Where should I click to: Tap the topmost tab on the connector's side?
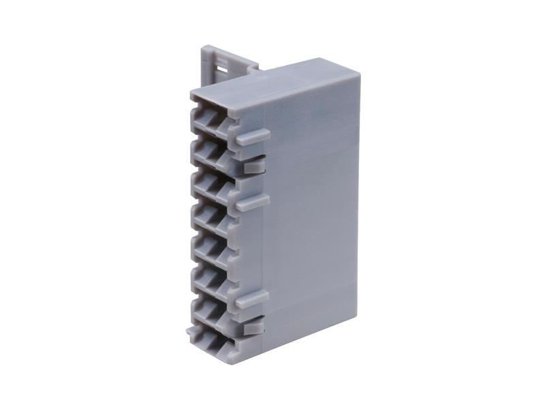(x=252, y=134)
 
